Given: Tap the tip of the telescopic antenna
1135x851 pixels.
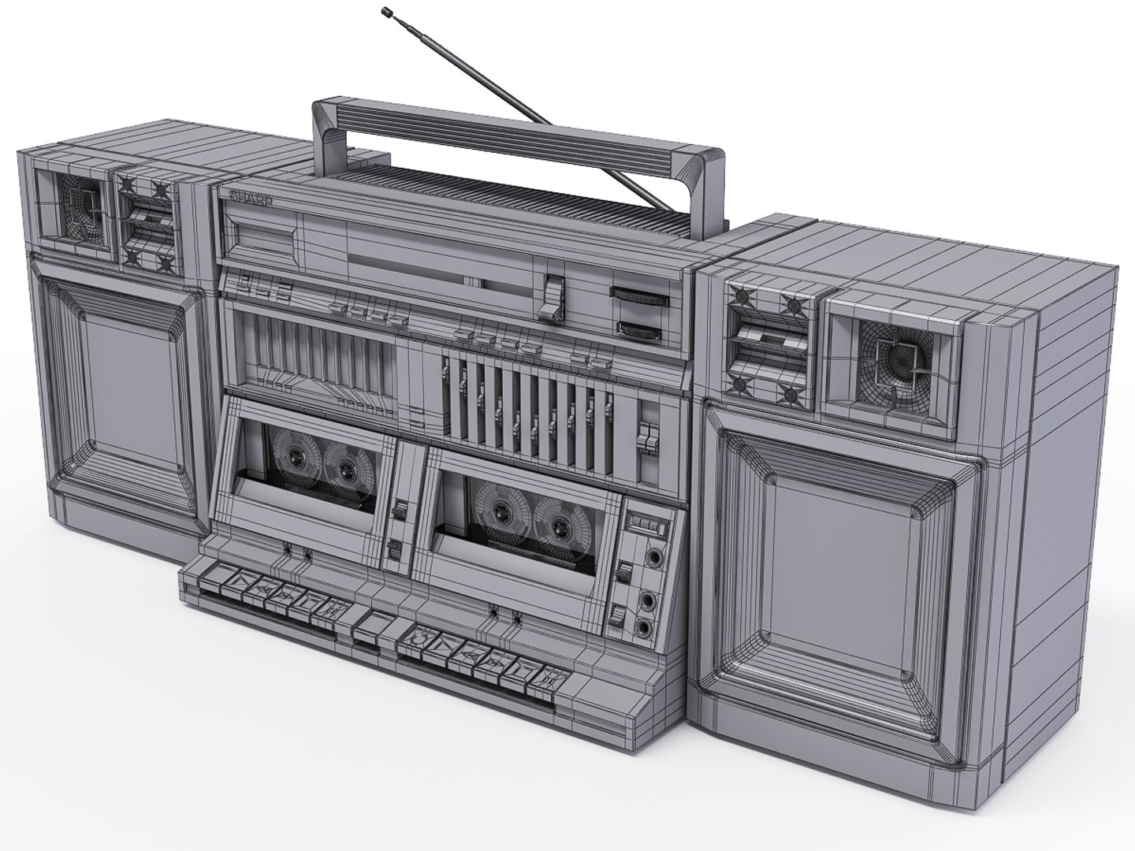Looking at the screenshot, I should [x=387, y=11].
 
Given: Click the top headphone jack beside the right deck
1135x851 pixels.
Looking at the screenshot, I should [x=653, y=557].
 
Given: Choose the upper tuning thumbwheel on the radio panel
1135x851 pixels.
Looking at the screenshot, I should [x=640, y=297].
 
